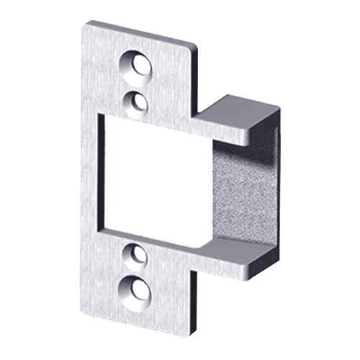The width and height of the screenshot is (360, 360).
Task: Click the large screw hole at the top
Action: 138,66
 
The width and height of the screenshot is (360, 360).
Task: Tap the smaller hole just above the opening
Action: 137,102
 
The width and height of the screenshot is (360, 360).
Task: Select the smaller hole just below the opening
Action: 136,254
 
